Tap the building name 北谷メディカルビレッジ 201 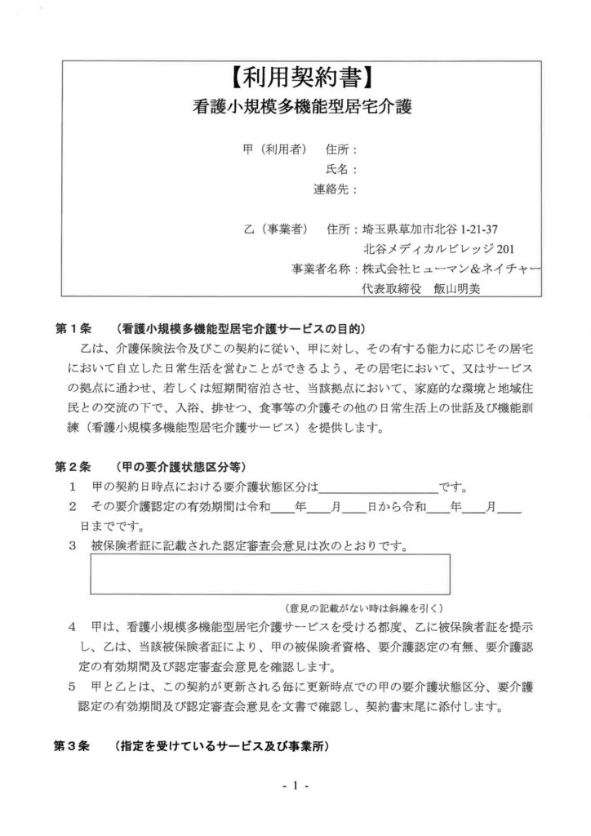(439, 248)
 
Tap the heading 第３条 (75, 747)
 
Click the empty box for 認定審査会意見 (269, 574)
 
